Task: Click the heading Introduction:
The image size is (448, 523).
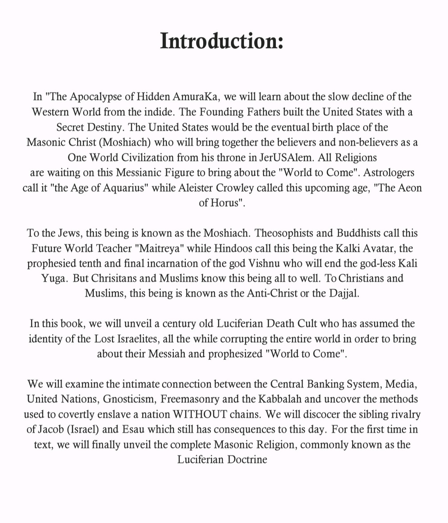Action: coord(222,41)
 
